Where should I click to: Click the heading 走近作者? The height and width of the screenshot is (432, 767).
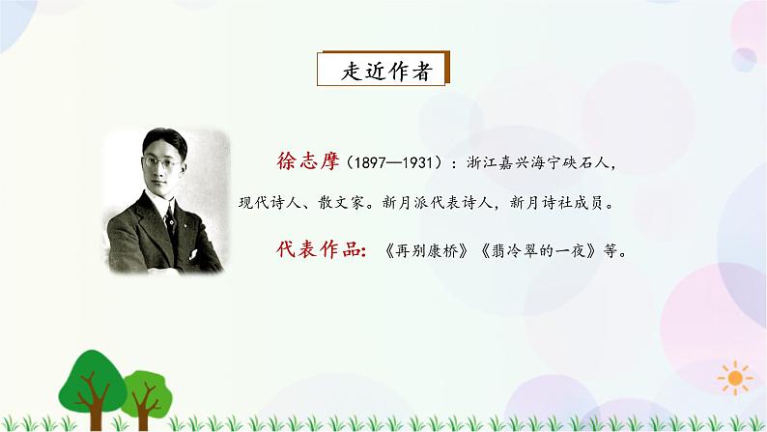point(384,71)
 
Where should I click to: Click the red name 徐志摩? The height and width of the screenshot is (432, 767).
point(306,162)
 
